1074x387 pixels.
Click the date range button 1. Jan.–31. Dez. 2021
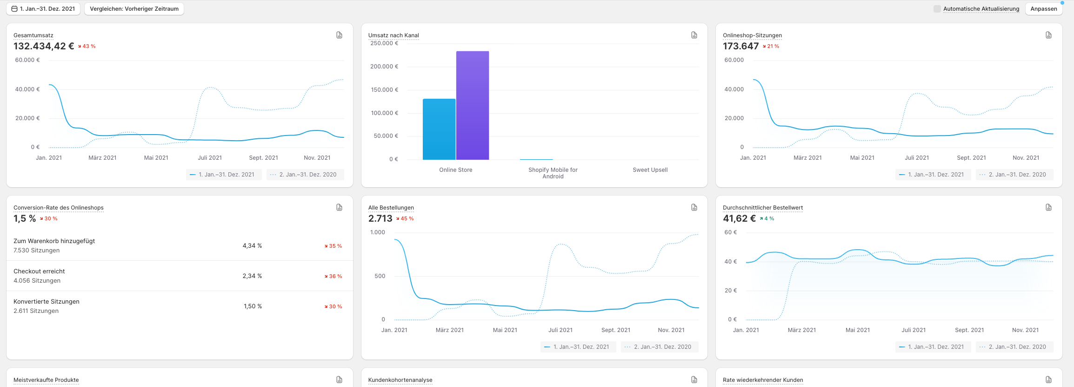(x=43, y=9)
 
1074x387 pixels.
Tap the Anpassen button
(x=1044, y=9)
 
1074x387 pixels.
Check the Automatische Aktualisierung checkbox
(x=937, y=9)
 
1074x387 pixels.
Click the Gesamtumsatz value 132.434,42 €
(x=44, y=46)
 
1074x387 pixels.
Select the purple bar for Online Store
(x=473, y=105)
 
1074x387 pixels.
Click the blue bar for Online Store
(x=439, y=129)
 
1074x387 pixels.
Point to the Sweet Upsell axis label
(x=650, y=170)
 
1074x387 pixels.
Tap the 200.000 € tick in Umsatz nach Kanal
(x=384, y=67)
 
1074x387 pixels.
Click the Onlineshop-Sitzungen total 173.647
(x=740, y=46)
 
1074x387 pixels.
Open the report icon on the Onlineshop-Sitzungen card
(x=1048, y=35)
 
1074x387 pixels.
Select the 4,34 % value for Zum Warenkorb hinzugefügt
(x=252, y=246)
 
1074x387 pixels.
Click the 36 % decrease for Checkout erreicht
(x=333, y=276)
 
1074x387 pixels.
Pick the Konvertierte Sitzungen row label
(x=47, y=302)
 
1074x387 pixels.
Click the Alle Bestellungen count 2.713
(x=380, y=218)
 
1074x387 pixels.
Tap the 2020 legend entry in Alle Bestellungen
(x=660, y=347)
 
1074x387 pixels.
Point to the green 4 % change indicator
(x=767, y=218)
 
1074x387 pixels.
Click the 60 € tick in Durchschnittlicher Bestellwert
(x=731, y=232)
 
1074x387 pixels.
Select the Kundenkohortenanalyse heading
(x=400, y=380)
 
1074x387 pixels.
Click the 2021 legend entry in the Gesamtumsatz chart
(x=224, y=175)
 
